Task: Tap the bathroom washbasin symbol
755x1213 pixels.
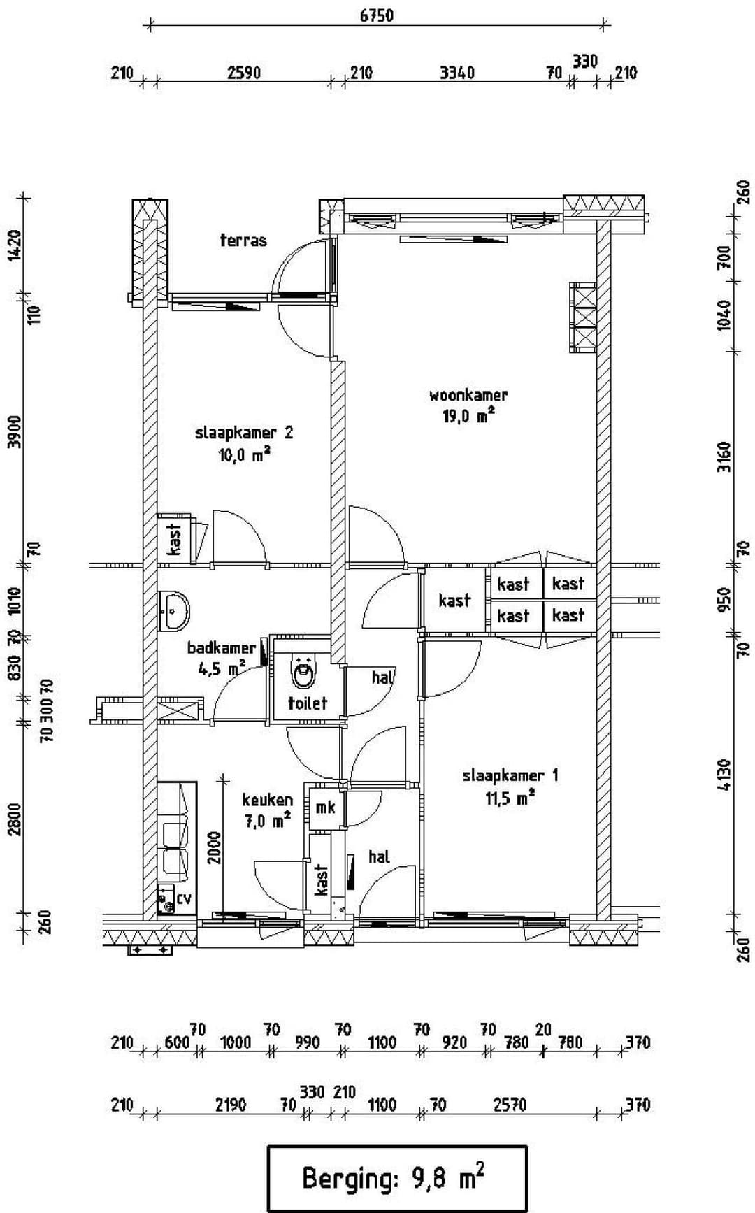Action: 173,611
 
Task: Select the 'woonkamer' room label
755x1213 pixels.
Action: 468,395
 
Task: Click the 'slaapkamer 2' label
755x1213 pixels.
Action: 244,433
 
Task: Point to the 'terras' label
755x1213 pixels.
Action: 243,241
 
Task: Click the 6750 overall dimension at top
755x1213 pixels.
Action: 377,15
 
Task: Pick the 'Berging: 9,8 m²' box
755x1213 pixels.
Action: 396,1177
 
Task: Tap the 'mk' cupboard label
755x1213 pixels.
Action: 325,808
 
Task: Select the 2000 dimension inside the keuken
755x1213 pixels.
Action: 215,847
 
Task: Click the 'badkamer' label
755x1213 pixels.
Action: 221,648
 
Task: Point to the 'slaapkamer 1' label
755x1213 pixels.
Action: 510,775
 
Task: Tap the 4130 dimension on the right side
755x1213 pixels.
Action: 724,775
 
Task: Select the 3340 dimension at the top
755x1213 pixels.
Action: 456,73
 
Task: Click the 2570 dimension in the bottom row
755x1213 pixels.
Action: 509,1105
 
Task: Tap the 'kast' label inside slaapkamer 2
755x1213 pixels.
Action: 175,539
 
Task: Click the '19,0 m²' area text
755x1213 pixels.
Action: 468,416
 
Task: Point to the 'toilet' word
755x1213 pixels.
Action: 307,703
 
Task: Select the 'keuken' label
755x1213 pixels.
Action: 267,800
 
